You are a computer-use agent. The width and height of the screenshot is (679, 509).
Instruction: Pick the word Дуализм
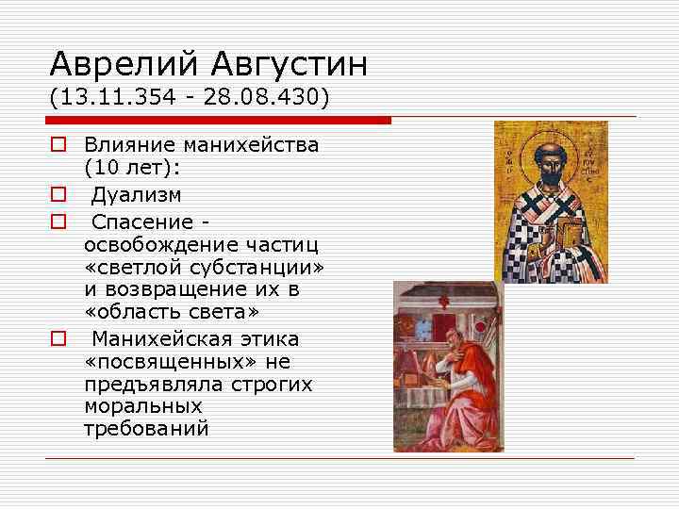[136, 194]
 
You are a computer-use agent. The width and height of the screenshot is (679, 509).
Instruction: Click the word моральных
[142, 406]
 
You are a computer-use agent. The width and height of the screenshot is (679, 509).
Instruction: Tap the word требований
[146, 430]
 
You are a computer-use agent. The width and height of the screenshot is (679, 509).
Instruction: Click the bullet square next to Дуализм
[58, 195]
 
